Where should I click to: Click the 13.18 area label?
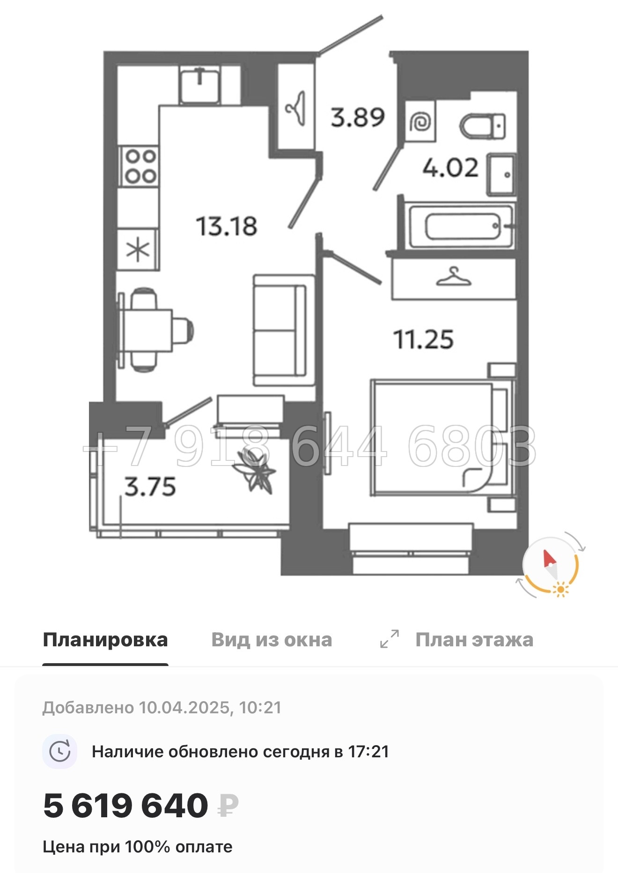pyautogui.click(x=227, y=226)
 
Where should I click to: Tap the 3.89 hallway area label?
pyautogui.click(x=358, y=117)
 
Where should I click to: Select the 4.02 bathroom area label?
pyautogui.click(x=450, y=168)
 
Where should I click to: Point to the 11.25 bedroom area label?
pyautogui.click(x=423, y=340)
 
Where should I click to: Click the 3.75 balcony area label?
pyautogui.click(x=150, y=487)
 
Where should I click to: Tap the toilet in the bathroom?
pyautogui.click(x=483, y=126)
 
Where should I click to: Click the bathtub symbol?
pyautogui.click(x=461, y=227)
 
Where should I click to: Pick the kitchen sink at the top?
pyautogui.click(x=200, y=84)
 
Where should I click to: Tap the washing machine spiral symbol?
pyautogui.click(x=420, y=122)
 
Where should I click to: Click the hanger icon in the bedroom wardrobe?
pyautogui.click(x=454, y=277)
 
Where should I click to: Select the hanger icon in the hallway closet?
pyautogui.click(x=296, y=108)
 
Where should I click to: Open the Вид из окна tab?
pyautogui.click(x=272, y=640)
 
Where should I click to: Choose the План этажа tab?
pyautogui.click(x=474, y=640)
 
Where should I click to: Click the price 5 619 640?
pyautogui.click(x=125, y=806)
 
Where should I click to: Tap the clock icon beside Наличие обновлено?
pyautogui.click(x=60, y=752)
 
